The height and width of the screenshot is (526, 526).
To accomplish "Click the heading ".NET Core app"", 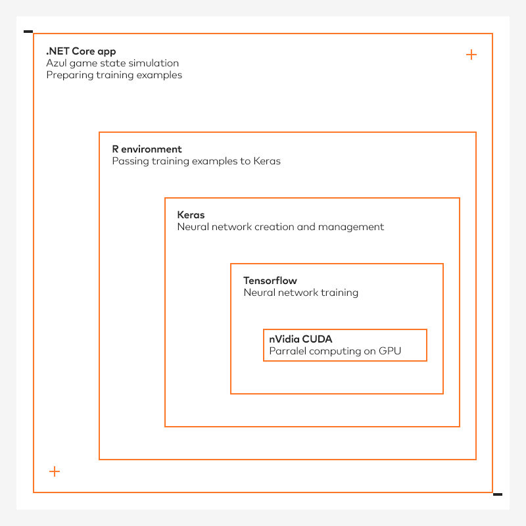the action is (81, 51).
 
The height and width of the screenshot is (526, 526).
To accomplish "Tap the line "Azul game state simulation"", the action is (112, 63).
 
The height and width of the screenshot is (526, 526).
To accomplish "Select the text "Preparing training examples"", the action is (114, 75).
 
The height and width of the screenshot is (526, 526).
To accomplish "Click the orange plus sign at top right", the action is (471, 55).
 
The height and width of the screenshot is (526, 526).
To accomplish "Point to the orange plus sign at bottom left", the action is (55, 471).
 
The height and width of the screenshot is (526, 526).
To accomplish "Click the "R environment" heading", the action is (147, 149).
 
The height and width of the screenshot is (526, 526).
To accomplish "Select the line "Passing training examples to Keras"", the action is (196, 161).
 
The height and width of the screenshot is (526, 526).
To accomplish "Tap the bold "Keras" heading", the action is (191, 215).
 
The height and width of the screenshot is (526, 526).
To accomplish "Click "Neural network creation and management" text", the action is (281, 227).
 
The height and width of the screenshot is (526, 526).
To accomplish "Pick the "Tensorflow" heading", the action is (270, 281).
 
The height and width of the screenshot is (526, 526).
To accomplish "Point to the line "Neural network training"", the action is (301, 293).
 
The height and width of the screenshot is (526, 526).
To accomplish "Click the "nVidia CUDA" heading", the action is (300, 339).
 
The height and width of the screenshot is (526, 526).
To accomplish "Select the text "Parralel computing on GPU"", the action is (335, 351).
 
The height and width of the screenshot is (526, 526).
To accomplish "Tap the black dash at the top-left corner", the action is (28, 32).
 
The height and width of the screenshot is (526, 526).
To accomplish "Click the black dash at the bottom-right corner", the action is (498, 494).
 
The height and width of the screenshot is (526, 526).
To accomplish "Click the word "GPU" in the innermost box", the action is (390, 351).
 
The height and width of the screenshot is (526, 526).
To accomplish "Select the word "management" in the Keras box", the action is (351, 227).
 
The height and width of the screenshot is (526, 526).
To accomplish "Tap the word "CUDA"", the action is (317, 339).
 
